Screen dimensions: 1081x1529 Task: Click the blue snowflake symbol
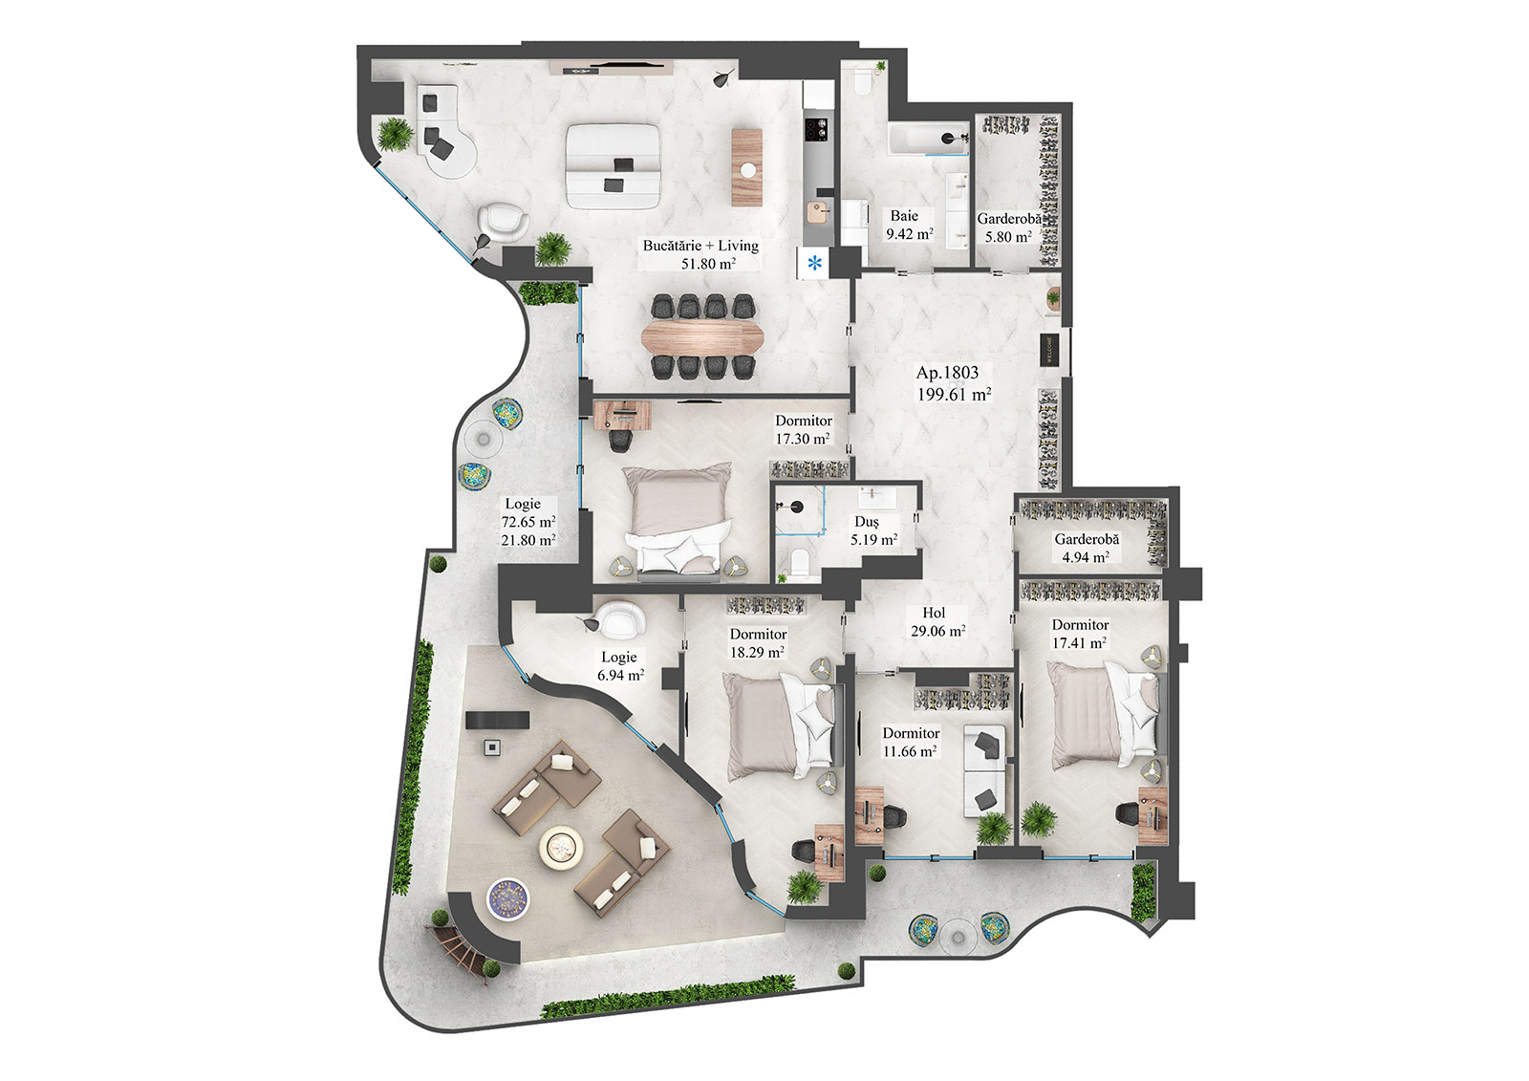click(x=814, y=263)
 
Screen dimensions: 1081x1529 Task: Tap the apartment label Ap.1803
click(x=947, y=373)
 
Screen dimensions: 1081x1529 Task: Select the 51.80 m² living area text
click(x=707, y=264)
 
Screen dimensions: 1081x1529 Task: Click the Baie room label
click(x=904, y=216)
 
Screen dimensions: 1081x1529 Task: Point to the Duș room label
click(x=866, y=522)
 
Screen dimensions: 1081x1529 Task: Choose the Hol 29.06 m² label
click(x=937, y=622)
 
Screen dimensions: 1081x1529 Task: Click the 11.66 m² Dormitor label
click(x=910, y=743)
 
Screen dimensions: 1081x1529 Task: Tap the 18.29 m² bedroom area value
click(x=757, y=652)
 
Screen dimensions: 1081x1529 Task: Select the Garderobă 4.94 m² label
click(x=1087, y=548)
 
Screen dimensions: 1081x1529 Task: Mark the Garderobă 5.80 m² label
click(x=1009, y=227)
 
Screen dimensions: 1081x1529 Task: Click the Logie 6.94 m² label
click(x=619, y=665)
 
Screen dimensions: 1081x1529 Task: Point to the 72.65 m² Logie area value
click(x=528, y=522)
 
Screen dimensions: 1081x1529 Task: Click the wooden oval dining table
click(x=703, y=336)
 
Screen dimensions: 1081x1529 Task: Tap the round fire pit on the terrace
click(x=561, y=847)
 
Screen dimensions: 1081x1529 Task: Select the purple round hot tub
click(x=507, y=898)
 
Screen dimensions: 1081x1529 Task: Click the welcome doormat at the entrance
click(x=1047, y=349)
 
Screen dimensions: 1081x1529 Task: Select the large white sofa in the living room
click(x=614, y=164)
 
